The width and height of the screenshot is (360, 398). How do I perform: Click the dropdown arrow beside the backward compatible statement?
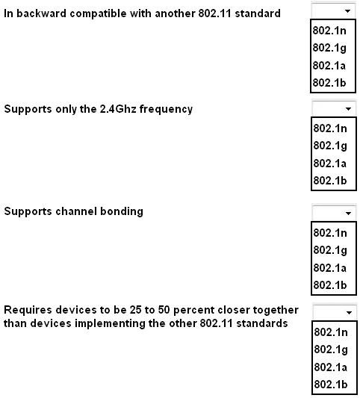347,11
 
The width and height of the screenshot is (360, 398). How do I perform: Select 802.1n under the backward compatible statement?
329,31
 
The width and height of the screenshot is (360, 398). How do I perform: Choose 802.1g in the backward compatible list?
329,48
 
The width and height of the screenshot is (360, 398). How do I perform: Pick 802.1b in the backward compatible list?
329,83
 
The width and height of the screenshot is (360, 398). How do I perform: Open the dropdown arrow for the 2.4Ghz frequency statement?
348,109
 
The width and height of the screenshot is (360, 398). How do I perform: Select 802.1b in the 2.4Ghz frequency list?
330,181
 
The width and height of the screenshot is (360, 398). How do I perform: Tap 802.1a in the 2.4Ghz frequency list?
330,164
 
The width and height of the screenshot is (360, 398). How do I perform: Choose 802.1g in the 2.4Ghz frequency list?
330,146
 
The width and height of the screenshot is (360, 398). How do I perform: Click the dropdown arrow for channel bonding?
348,214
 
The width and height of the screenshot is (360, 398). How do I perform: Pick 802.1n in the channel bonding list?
330,233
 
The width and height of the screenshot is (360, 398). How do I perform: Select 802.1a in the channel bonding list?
330,268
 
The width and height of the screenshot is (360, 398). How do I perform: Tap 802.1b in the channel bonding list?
330,285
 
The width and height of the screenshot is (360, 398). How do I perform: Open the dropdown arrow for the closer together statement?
349,312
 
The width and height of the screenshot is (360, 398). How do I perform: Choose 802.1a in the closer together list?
331,367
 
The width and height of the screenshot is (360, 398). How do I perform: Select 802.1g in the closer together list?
331,349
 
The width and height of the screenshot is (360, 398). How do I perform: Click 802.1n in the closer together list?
331,332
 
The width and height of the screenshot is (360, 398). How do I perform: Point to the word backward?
41,13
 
